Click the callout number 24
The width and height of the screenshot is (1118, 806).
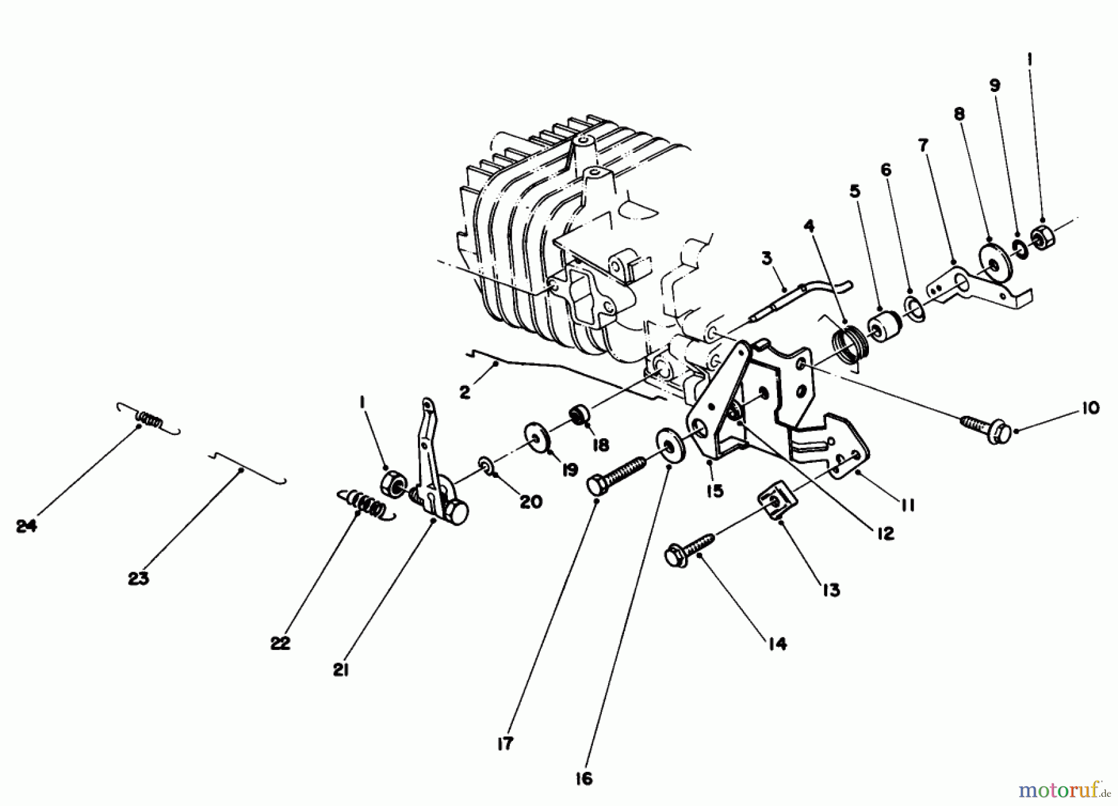pyautogui.click(x=26, y=526)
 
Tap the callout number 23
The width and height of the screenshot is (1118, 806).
pyautogui.click(x=138, y=579)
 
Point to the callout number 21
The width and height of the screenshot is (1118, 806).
pyautogui.click(x=340, y=671)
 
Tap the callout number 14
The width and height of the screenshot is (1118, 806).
pyautogui.click(x=777, y=644)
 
